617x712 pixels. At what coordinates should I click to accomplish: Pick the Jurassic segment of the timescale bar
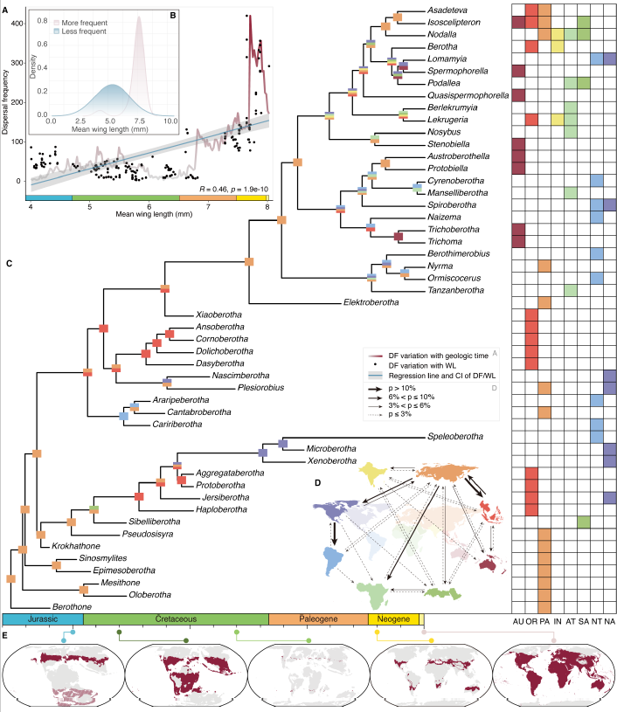pos(43,619)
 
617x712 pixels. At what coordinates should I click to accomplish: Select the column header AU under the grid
pos(517,622)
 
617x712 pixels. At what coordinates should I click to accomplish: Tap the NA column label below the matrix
pos(609,622)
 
